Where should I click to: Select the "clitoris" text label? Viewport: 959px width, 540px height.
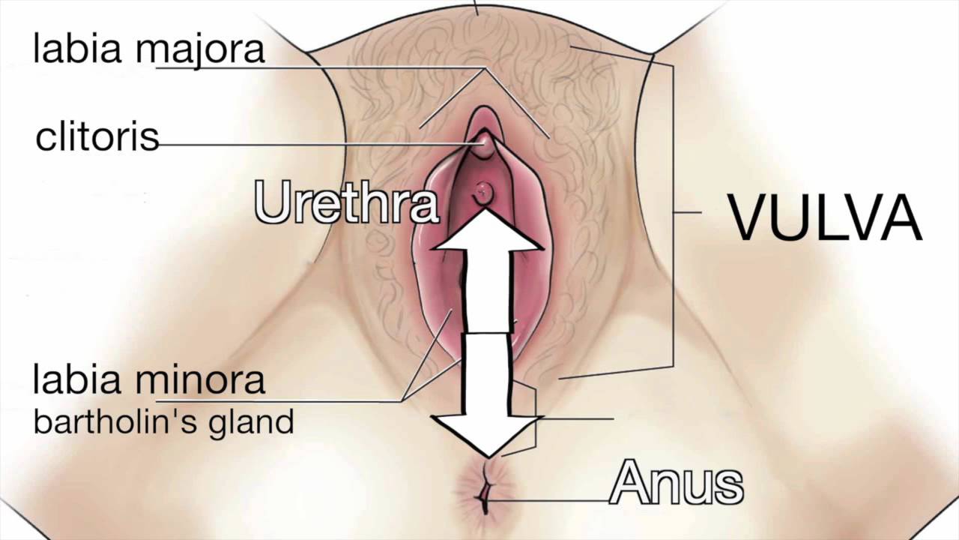pyautogui.click(x=97, y=137)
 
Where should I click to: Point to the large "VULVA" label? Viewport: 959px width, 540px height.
pyautogui.click(x=825, y=217)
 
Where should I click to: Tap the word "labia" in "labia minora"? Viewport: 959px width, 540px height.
pyautogui.click(x=80, y=379)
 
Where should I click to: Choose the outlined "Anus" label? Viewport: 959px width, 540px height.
pyautogui.click(x=676, y=484)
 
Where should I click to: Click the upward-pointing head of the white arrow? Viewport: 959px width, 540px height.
pyautogui.click(x=486, y=233)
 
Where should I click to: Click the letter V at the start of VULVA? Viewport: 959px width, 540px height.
pyautogui.click(x=751, y=217)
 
